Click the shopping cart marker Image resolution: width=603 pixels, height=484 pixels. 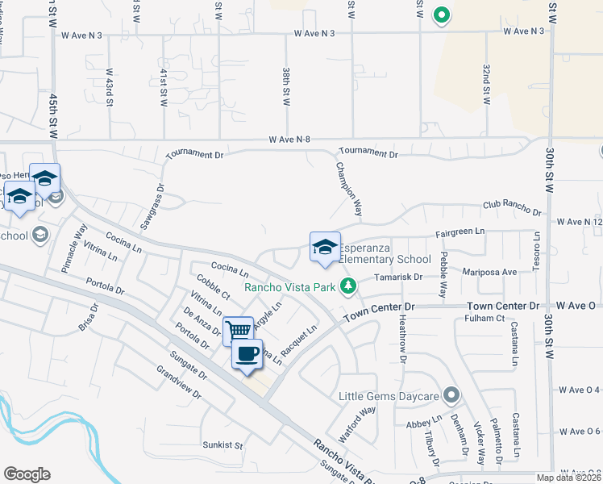click(238, 330)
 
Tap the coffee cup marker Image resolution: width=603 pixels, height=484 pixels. click(247, 353)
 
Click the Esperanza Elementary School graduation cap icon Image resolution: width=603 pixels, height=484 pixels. click(325, 247)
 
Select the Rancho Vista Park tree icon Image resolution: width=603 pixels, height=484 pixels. click(348, 286)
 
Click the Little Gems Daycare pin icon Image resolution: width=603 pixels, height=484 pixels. click(451, 395)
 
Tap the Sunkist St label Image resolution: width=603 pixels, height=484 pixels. click(222, 444)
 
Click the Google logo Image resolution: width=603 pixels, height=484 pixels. click(27, 474)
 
